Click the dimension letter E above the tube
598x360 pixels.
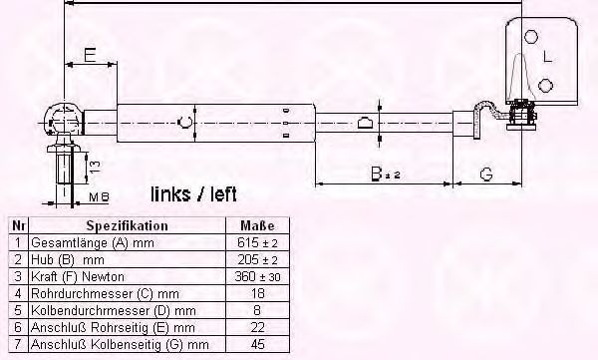[90, 55]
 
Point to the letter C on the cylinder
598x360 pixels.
[185, 123]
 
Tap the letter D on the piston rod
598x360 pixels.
[365, 123]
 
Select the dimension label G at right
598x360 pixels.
[486, 175]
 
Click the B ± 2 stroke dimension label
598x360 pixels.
[386, 174]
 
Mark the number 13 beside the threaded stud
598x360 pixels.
[95, 167]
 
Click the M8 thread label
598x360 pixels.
[99, 197]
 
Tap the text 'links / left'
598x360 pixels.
[193, 194]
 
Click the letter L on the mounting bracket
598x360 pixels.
[547, 57]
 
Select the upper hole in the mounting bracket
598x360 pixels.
[531, 37]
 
